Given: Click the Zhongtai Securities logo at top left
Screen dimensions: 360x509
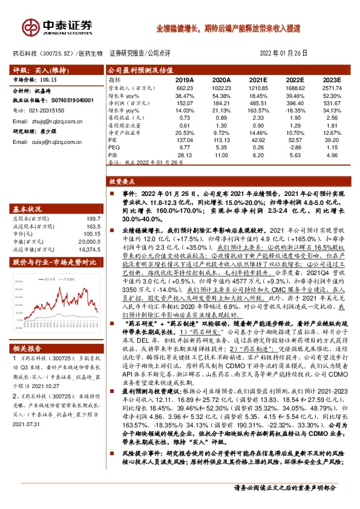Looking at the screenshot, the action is click(x=57, y=27).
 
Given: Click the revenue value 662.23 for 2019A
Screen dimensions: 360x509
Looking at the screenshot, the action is click(x=185, y=88).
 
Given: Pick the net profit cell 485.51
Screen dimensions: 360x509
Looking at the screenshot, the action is click(x=258, y=103).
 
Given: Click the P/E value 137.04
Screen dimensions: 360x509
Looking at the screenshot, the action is click(x=185, y=140).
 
